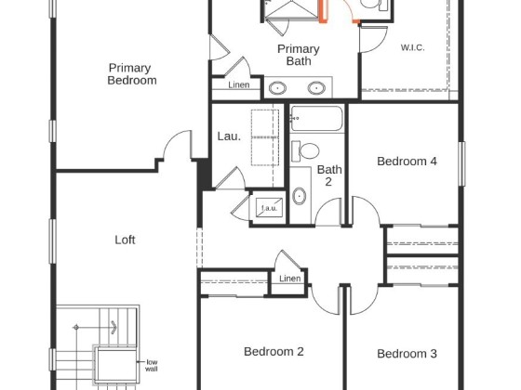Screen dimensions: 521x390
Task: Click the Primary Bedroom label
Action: [x=132, y=74]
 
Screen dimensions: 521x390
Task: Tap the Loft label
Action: [x=125, y=240]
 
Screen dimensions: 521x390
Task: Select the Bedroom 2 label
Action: [x=274, y=352]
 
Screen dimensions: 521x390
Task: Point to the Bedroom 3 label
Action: [x=407, y=354]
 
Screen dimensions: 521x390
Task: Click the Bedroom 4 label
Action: [x=407, y=162]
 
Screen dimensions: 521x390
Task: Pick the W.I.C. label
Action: [x=412, y=47]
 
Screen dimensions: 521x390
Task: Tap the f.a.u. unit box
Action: [x=269, y=208]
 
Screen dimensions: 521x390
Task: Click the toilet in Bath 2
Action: [x=305, y=151]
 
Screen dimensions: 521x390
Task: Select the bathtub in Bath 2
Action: [x=316, y=119]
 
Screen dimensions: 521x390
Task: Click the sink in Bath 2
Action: [x=300, y=196]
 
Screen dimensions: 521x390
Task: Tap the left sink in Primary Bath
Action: [x=277, y=88]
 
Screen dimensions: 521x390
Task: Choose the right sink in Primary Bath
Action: [x=316, y=88]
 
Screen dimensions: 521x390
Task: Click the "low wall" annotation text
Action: [x=152, y=366]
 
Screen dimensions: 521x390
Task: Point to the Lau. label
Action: [x=229, y=136]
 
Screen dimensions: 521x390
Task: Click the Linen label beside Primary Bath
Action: [x=239, y=84]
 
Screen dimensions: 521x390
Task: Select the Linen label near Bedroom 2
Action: [x=290, y=279]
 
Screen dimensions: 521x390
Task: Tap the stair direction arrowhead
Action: [x=114, y=327]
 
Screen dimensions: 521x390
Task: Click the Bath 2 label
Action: [x=329, y=175]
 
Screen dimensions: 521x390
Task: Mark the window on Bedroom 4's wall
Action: [x=461, y=163]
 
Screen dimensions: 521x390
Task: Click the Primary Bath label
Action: [x=299, y=55]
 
